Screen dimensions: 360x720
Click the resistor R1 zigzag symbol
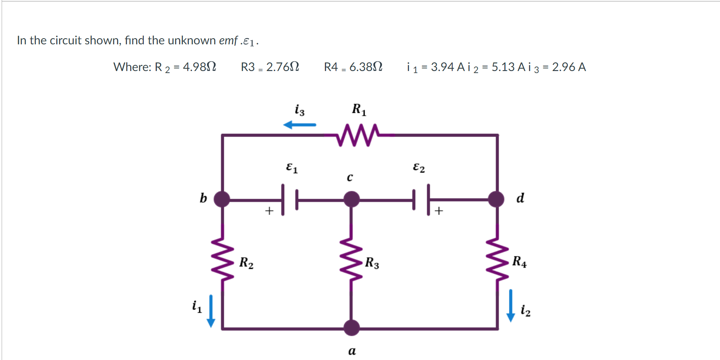coord(357,135)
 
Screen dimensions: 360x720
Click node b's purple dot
coord(222,199)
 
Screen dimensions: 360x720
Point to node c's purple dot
coord(351,199)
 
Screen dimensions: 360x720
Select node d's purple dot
coord(496,199)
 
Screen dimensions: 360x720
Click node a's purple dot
coord(351,328)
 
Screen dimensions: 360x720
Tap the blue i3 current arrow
coord(300,125)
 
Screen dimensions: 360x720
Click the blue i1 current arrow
coord(211,311)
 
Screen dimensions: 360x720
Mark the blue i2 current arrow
coord(511,306)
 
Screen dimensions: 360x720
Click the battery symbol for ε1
coord(290,200)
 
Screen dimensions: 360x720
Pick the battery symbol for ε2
coord(421,200)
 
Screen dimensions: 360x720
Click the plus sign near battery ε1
coord(269,211)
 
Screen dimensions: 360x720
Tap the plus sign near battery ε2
coord(439,211)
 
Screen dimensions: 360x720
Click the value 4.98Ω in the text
coord(199,67)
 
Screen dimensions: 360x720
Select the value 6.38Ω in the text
coord(366,67)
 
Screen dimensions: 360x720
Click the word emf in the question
coord(228,41)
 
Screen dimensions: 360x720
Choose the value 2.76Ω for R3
coord(283,67)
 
